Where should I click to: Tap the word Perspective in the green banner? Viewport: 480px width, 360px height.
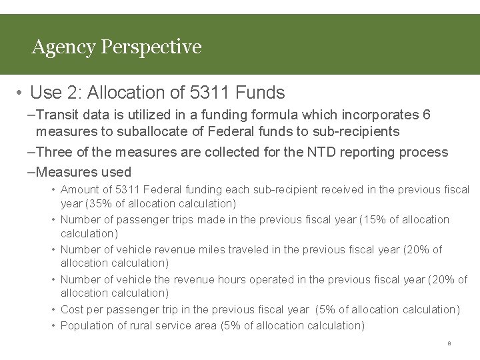click(151, 47)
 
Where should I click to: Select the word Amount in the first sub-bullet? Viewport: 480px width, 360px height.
click(79, 190)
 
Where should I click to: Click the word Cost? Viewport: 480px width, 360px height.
click(72, 309)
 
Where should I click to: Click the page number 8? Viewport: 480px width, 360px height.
click(449, 344)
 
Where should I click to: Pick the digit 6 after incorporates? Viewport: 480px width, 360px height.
click(427, 115)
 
